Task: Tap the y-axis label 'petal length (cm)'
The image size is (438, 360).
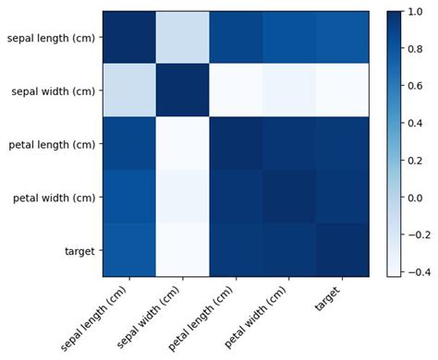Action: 50,144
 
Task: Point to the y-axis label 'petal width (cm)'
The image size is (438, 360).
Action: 52,197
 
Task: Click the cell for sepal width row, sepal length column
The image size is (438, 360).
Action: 128,90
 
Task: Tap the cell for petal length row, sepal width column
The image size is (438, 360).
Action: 182,144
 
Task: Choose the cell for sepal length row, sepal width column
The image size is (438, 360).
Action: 182,38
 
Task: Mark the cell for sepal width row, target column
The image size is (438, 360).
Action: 342,90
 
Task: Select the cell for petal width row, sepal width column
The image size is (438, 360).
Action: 182,197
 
